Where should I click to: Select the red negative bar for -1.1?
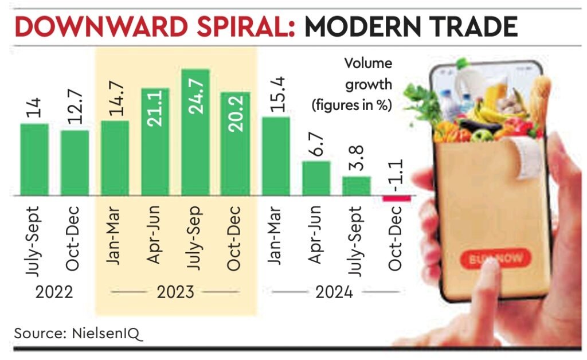pyautogui.click(x=397, y=198)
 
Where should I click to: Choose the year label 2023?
pyautogui.click(x=175, y=292)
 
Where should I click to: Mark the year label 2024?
pyautogui.click(x=335, y=292)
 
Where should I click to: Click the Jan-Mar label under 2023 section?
pyautogui.click(x=115, y=235)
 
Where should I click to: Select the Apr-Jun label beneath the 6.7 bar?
pyautogui.click(x=316, y=235)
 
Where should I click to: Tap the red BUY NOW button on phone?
pyautogui.click(x=495, y=259)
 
